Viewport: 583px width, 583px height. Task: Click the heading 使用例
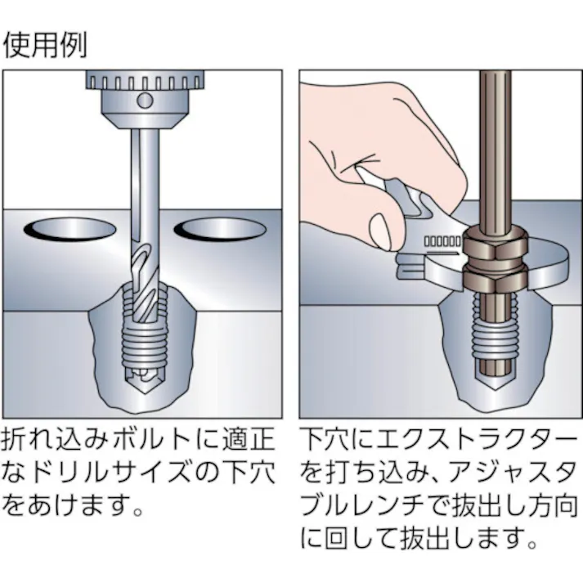[45, 45]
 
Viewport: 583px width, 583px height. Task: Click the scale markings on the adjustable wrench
[442, 243]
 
